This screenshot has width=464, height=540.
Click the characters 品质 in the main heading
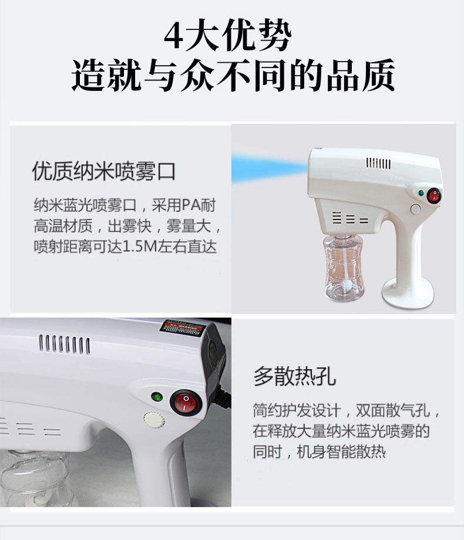point(369,76)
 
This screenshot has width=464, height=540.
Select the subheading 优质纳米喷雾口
point(104,171)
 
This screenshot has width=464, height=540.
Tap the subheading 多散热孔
point(294,376)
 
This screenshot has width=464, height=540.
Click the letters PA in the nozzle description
point(190,206)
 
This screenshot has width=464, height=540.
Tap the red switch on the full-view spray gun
point(434,195)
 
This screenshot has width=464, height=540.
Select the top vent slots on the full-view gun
point(379,163)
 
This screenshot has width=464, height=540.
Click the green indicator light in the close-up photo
point(156,396)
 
